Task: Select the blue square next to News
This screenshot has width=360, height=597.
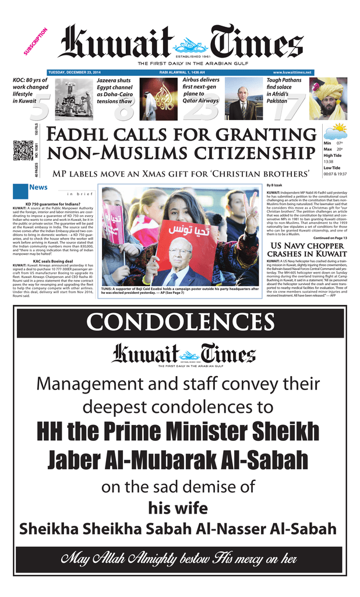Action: [20, 191]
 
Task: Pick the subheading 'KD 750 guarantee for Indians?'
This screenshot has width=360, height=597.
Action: [52, 204]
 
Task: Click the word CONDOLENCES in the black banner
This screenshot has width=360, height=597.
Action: [179, 323]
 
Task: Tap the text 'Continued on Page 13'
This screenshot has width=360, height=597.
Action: [330, 238]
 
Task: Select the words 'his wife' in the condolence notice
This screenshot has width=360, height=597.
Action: [179, 508]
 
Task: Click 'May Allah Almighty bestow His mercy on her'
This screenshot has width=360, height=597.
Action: [179, 559]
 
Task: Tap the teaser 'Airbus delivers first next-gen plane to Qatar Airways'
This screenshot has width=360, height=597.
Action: [201, 90]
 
